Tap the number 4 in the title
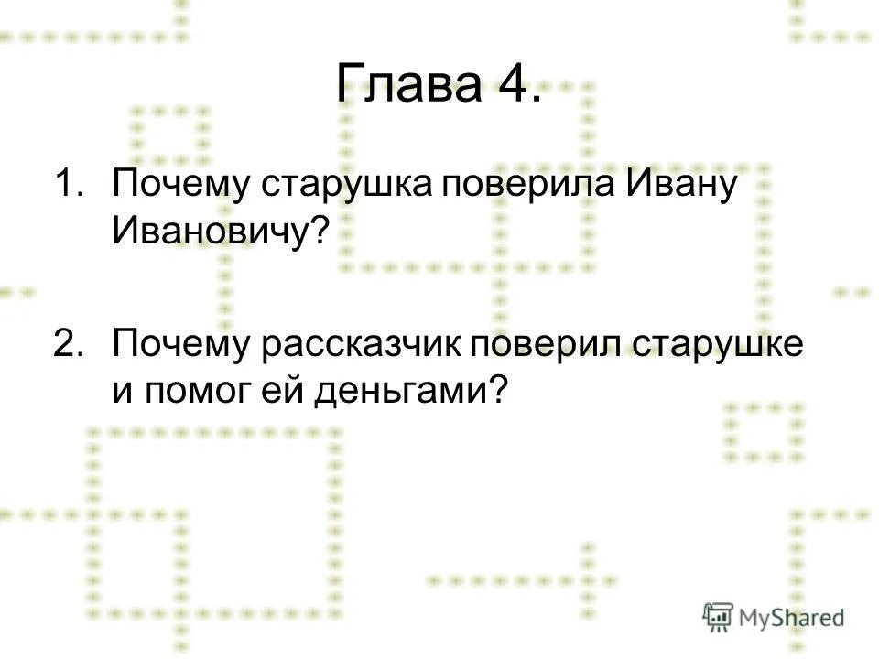(510, 88)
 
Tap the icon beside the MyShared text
(718, 618)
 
